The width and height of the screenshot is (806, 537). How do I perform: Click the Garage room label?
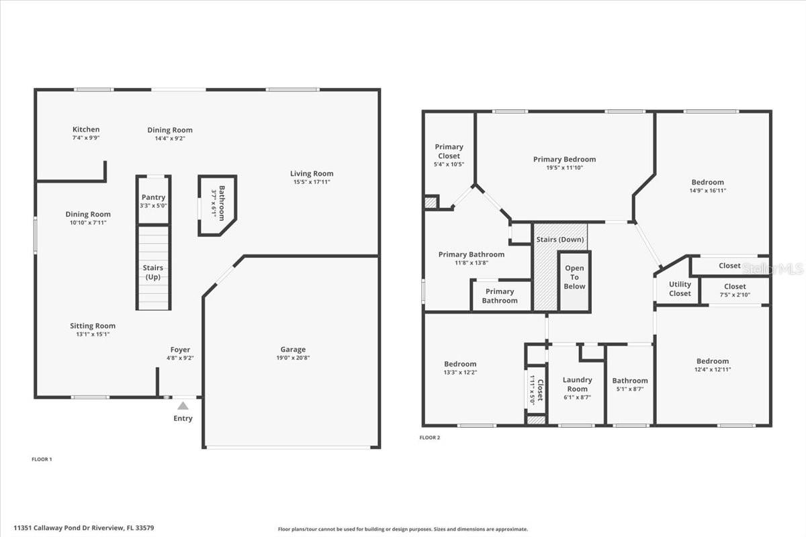(293, 350)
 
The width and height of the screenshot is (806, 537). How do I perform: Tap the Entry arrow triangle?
(183, 405)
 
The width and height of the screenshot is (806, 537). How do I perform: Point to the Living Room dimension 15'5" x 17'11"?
(312, 182)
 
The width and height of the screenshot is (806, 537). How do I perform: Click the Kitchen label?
(86, 130)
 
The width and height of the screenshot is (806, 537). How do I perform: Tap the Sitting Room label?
(93, 326)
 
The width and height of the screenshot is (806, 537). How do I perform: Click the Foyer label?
(180, 350)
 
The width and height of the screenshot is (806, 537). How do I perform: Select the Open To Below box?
(574, 277)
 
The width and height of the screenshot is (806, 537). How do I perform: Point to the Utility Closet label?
(680, 289)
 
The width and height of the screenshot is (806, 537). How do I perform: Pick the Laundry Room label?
(577, 384)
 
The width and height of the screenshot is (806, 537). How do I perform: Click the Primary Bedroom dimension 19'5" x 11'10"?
(564, 168)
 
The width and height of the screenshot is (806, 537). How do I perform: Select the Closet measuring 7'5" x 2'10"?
(735, 291)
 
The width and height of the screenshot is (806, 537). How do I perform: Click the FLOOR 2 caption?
(430, 438)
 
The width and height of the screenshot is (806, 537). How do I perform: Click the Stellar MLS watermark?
(772, 268)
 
